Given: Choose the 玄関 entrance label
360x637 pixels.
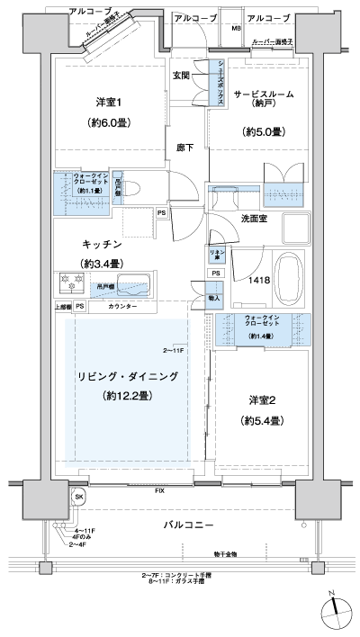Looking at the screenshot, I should coord(181,76).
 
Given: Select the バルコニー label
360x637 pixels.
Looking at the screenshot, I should coord(188,524).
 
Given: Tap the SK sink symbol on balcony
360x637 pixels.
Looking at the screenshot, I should coord(79,498).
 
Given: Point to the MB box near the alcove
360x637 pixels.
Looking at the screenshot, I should coord(236,29).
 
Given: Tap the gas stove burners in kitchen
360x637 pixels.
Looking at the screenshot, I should coord(72,282).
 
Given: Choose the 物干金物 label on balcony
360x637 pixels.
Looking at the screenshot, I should coord(226,555).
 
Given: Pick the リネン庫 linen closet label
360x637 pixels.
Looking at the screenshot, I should coord(216,254).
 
